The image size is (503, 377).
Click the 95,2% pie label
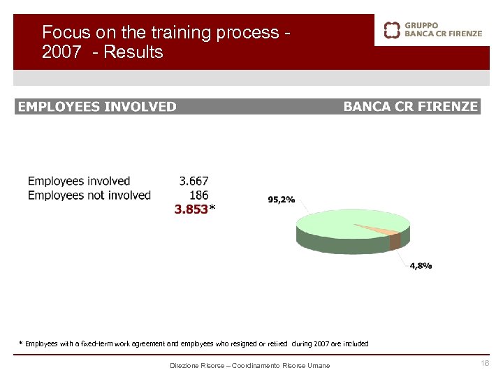click(282, 199)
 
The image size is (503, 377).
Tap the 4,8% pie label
click(421, 265)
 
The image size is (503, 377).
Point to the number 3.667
click(194, 182)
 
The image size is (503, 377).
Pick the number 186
click(198, 195)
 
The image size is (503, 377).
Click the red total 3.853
click(191, 209)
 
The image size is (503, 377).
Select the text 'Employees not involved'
click(89, 195)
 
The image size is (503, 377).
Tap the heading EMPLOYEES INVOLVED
click(97, 107)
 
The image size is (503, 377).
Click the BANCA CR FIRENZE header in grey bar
click(411, 107)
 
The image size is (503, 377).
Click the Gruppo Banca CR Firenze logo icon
click(393, 29)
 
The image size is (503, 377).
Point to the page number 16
click(486, 364)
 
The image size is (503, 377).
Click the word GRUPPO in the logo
click(422, 25)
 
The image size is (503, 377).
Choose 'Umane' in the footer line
click(319, 366)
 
